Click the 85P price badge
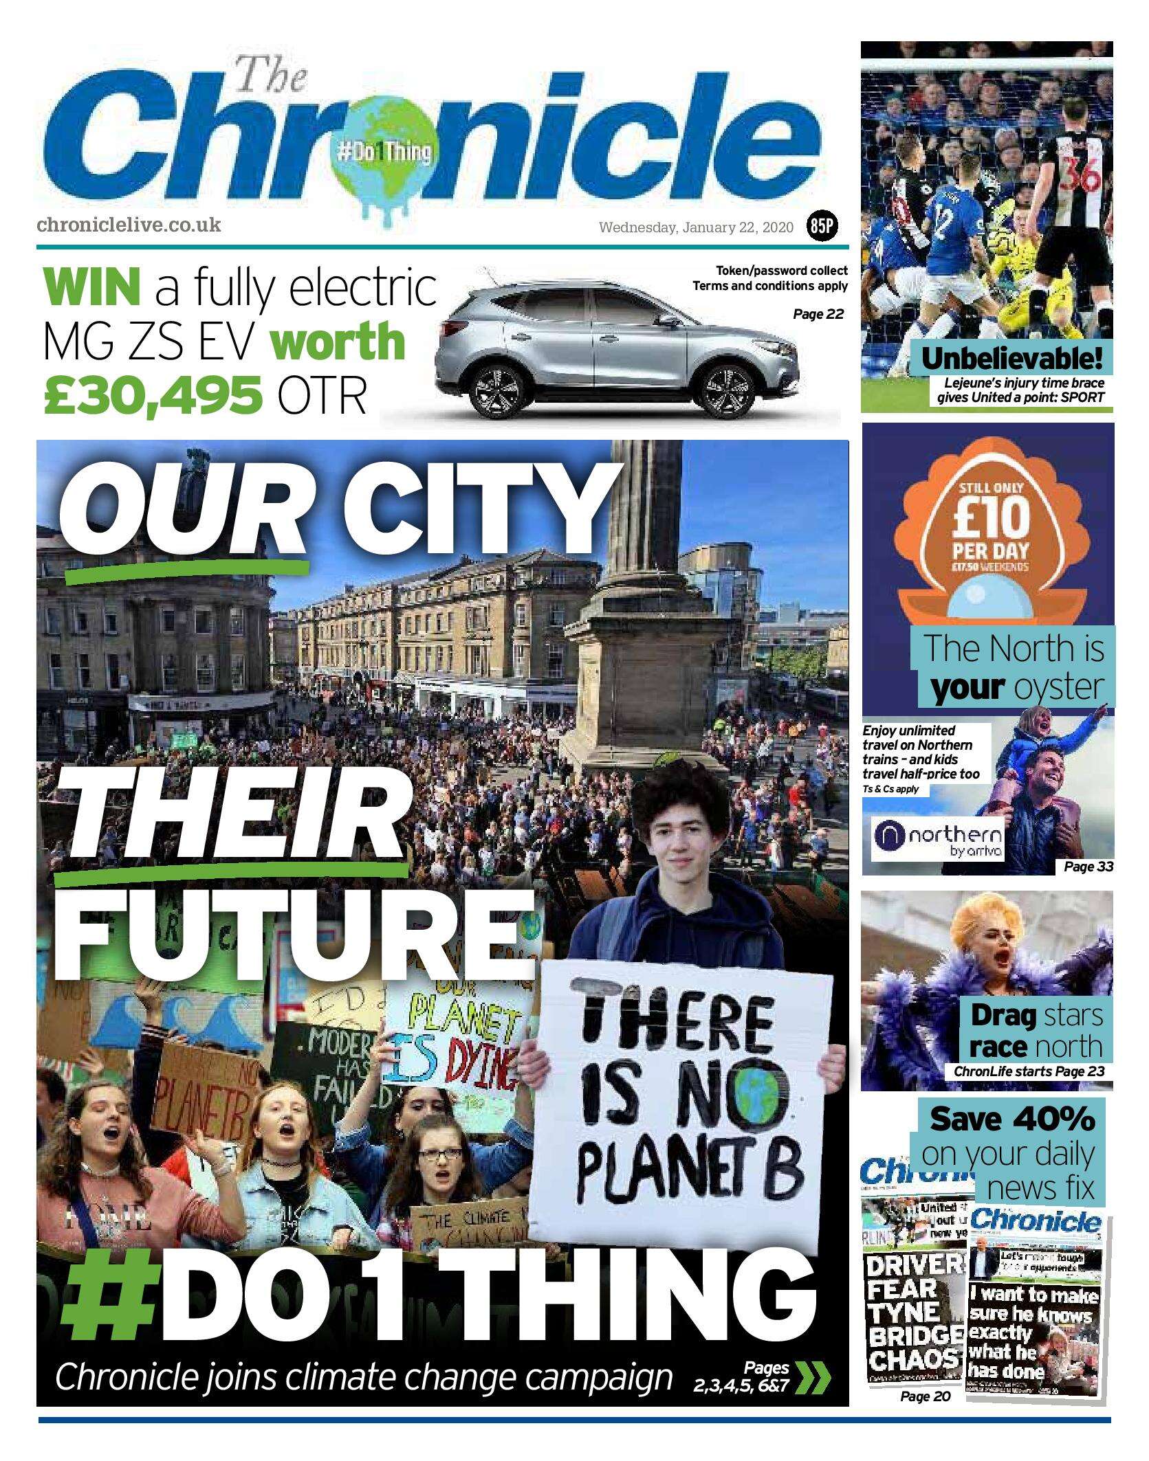(x=822, y=227)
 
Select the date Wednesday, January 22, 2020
(x=697, y=227)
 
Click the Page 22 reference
(x=818, y=315)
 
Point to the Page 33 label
(x=1088, y=867)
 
